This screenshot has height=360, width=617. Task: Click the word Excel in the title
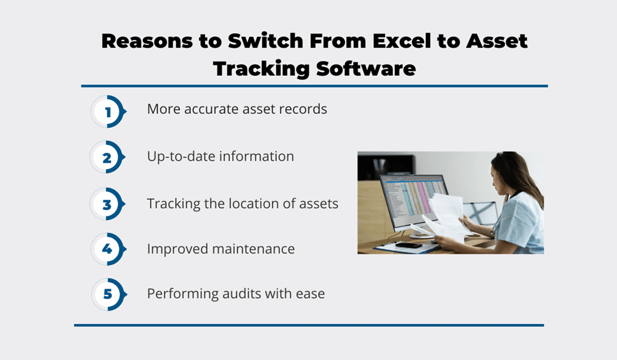point(401,41)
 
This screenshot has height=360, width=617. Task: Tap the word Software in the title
point(366,69)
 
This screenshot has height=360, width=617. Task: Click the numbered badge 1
point(108,112)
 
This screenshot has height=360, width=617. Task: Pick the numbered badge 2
point(108,157)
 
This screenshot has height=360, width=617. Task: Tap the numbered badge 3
point(108,204)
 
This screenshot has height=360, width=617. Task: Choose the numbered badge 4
point(108,249)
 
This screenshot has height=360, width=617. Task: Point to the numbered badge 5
point(109,294)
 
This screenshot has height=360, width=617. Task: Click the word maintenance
point(253,249)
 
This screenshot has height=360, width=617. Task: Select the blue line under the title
point(315,86)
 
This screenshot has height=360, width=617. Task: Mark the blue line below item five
point(309,325)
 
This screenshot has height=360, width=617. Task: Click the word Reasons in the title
point(147,41)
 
